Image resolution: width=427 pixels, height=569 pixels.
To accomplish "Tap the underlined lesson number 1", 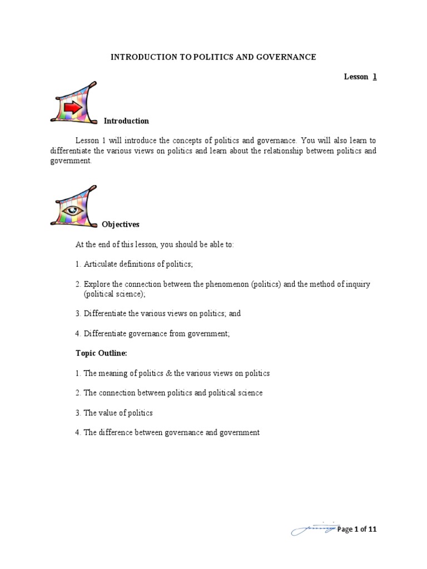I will [x=375, y=77].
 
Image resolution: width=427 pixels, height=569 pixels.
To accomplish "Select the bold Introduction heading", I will [x=126, y=121].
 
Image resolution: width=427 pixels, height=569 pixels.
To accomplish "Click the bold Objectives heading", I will [x=121, y=224].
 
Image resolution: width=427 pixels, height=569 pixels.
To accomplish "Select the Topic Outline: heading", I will [x=102, y=353].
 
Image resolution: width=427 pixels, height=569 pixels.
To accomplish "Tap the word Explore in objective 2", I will [x=97, y=284].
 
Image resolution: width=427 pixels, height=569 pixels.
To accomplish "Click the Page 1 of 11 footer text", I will [x=356, y=530].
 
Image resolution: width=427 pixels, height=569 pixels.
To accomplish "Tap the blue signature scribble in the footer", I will [x=313, y=530].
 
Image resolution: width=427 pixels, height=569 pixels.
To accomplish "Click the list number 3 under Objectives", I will [x=78, y=313].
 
